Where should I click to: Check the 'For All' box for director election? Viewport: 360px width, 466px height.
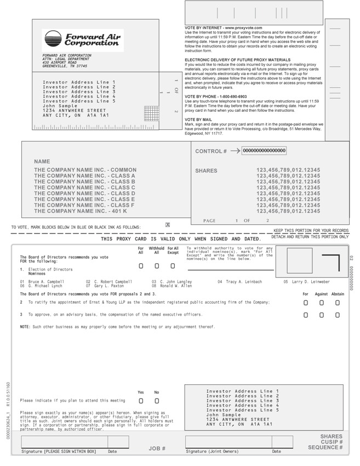point(141,266)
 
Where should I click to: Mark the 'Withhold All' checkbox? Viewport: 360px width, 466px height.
point(157,266)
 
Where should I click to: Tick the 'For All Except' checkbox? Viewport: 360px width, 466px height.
point(173,266)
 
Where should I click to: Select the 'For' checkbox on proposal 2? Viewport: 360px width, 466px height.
point(306,302)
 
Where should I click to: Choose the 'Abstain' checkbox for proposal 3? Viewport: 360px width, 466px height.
point(338,315)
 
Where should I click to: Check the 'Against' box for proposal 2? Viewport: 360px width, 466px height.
point(322,302)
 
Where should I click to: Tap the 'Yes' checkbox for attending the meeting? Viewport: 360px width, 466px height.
point(141,401)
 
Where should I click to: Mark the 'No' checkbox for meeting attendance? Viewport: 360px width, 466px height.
point(157,401)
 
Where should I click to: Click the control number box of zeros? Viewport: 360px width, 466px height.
point(264,151)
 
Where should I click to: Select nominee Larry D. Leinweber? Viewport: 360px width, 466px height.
point(306,282)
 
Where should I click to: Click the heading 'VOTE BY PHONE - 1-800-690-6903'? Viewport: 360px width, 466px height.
point(216,96)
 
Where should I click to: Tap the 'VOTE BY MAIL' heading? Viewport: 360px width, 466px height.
point(198,120)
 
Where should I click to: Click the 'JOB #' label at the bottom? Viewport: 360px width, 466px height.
point(157,448)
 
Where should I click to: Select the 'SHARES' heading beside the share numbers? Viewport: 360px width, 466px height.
point(206,171)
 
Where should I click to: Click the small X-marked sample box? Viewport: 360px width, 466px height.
point(168,225)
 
